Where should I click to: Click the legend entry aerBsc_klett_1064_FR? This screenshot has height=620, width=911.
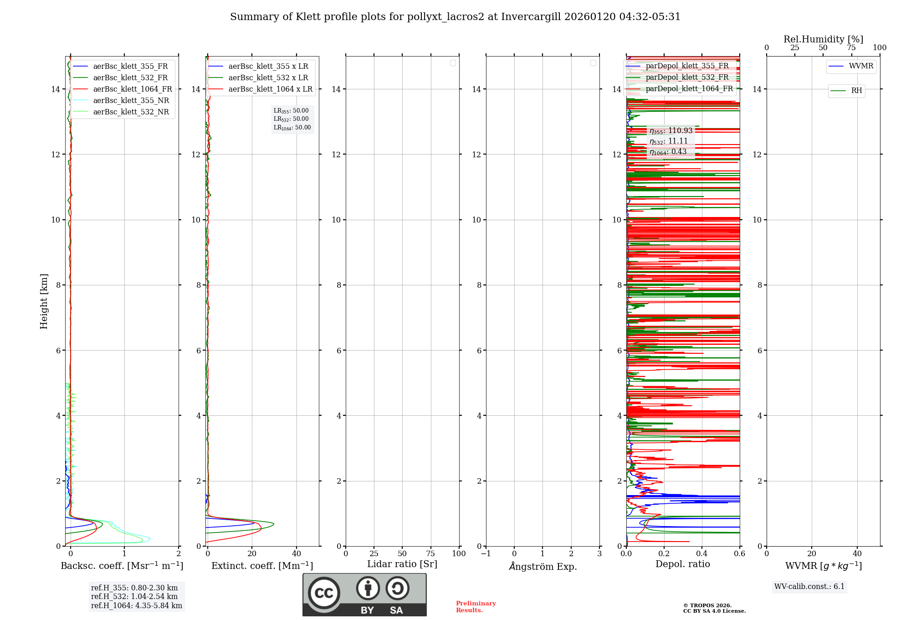coord(132,89)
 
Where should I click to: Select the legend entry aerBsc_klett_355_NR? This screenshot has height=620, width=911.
coord(131,101)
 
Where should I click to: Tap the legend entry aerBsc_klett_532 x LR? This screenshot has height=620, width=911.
coord(268,78)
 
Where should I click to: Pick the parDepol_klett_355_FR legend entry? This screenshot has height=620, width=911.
coord(687,66)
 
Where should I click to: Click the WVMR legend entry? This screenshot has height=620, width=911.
coord(861,66)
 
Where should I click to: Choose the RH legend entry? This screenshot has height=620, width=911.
coord(856,91)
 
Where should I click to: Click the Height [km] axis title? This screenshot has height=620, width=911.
coord(44,301)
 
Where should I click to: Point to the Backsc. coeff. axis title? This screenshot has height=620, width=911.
coord(122,566)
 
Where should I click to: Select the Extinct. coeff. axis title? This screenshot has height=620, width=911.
coord(262,566)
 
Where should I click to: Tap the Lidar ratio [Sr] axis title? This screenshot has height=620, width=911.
coord(402,564)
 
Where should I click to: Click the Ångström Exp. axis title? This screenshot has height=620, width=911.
coord(543,566)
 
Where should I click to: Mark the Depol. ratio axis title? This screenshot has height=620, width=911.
coord(682,564)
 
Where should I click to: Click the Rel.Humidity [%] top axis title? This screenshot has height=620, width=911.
coord(823,39)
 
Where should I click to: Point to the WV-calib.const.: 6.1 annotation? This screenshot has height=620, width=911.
coord(809,587)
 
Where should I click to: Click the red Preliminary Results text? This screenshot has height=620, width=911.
coord(476,607)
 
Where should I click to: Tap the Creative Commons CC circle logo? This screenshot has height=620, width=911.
coord(324,593)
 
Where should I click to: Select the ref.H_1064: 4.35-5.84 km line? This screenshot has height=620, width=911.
coord(136,606)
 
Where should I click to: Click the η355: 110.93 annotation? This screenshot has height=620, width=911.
coord(671,131)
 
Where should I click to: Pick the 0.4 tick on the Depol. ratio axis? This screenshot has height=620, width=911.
coord(701,554)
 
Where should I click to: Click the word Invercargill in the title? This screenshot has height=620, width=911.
coord(531,17)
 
